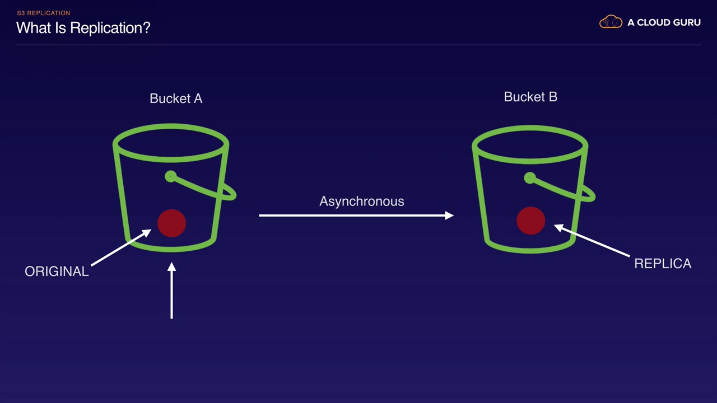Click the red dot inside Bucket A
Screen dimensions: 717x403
pos(171,223)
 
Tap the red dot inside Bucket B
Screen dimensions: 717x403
pos(530,221)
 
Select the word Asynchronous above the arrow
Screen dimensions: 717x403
pos(362,201)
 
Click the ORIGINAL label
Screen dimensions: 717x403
pos(57,271)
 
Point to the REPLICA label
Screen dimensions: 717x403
pos(663,264)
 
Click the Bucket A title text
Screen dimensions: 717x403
pos(176,99)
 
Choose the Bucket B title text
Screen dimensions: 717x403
pos(530,97)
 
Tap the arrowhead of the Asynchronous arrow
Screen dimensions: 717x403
pos(449,215)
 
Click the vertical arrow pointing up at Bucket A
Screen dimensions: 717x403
pos(171,290)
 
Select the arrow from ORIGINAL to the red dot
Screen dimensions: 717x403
pos(122,247)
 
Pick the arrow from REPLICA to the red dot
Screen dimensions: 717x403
pos(592,241)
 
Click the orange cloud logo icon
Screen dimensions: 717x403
pos(611,22)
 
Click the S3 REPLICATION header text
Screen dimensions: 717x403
pos(44,13)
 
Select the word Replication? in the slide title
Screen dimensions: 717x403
pos(110,28)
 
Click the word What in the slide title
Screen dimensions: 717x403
pos(34,28)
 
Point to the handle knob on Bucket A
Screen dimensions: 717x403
pos(171,176)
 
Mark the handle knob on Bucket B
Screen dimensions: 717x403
pos(530,178)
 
